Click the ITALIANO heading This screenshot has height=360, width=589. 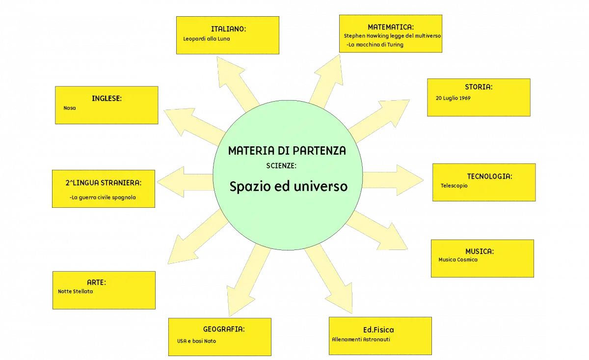point(228,29)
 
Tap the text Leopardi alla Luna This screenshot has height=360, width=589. point(207,39)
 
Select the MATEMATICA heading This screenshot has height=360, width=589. point(391,27)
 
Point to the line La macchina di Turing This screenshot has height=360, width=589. point(375,45)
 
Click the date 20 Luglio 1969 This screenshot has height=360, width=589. point(453,98)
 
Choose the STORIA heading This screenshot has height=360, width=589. point(479,87)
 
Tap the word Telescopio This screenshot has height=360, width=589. point(454,186)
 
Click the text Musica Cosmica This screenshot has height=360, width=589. point(458,260)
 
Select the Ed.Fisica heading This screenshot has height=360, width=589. point(378,330)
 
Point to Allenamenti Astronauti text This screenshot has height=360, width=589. point(361,339)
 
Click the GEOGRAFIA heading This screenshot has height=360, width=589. point(224,329)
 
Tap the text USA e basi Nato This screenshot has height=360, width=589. point(196,341)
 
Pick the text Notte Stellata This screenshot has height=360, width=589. point(75,291)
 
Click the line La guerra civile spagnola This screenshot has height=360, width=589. point(103,197)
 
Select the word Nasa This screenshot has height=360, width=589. point(69,108)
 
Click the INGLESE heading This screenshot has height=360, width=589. point(107,98)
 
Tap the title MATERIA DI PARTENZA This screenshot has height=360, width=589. point(287,151)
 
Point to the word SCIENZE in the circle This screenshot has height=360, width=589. point(281,166)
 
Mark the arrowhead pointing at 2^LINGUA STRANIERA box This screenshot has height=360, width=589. point(170,182)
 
